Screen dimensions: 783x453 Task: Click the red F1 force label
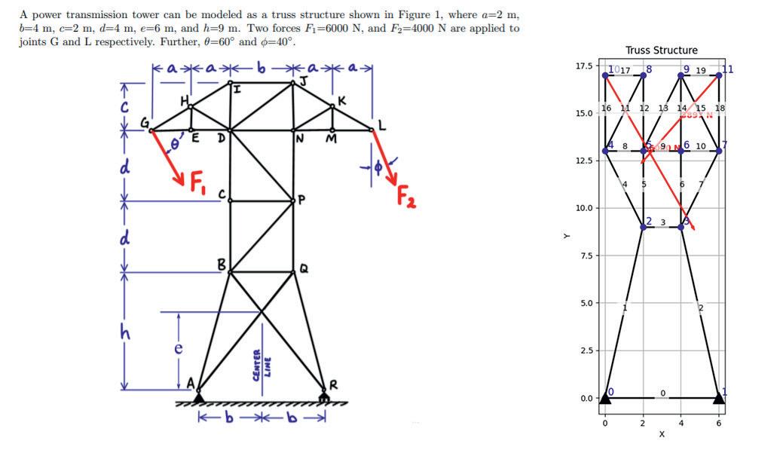[197, 181]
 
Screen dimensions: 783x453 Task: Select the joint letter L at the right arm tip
[382, 127]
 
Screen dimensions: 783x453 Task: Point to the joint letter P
[301, 200]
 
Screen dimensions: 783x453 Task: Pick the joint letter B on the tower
[221, 264]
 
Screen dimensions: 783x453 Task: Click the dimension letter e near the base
[178, 348]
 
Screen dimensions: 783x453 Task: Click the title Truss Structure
[661, 51]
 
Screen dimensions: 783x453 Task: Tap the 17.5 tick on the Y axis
[583, 66]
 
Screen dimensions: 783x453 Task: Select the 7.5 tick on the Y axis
[586, 256]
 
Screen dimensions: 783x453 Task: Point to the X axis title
[662, 435]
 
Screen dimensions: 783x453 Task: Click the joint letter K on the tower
[343, 100]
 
